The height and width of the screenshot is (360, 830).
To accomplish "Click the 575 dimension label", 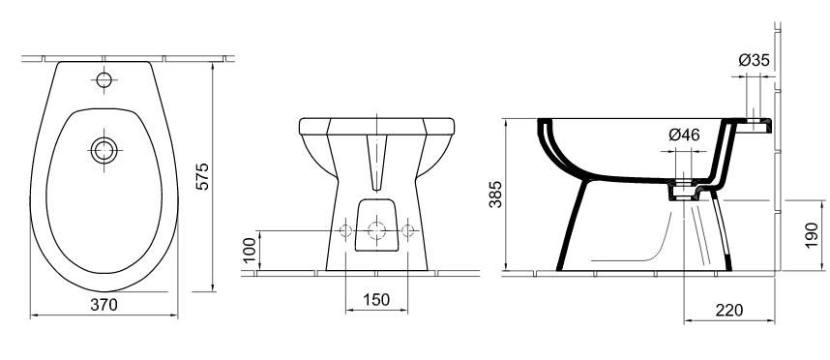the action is pyautogui.click(x=202, y=177).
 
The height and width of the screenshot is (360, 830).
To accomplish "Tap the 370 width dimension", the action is pyautogui.click(x=104, y=305).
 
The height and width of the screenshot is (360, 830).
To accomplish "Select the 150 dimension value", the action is pyautogui.click(x=376, y=300).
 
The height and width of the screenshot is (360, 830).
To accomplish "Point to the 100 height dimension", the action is pyautogui.click(x=250, y=251).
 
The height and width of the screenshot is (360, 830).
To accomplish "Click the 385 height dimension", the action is pyautogui.click(x=495, y=195).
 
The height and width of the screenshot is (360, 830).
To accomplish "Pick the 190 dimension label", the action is pyautogui.click(x=812, y=235).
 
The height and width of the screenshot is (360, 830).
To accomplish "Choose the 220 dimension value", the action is pyautogui.click(x=728, y=311).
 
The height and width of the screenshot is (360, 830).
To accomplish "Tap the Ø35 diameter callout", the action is pyautogui.click(x=754, y=60).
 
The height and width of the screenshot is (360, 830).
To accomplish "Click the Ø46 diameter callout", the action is pyautogui.click(x=684, y=135).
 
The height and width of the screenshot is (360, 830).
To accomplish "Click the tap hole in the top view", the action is pyautogui.click(x=104, y=80).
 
